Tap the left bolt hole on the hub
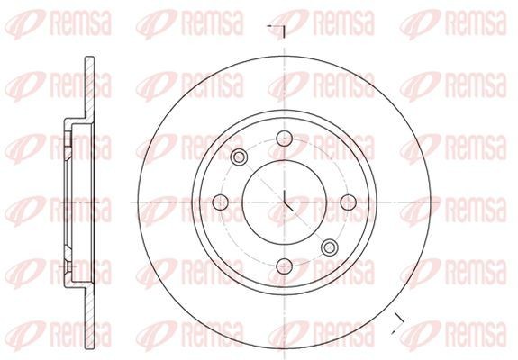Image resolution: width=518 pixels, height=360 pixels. click(x=220, y=201)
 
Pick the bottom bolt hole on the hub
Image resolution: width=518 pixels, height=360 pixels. click(x=285, y=265)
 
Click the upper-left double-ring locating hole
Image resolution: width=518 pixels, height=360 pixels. click(x=240, y=158)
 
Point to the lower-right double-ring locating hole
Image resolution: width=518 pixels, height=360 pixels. click(x=329, y=246)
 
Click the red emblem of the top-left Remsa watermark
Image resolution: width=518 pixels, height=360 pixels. click(x=23, y=25)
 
